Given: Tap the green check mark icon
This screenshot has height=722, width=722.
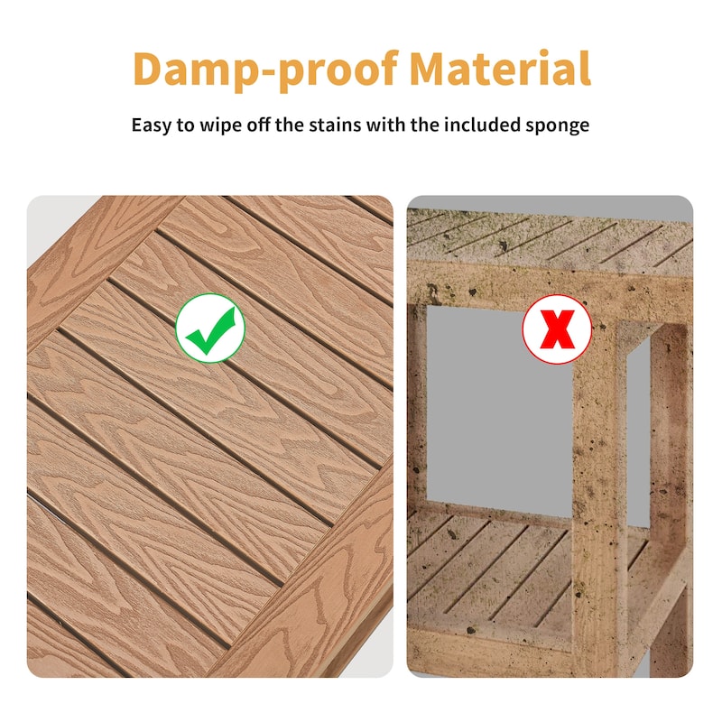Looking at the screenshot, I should pos(210,328).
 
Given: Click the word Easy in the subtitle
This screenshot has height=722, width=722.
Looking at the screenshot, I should pos(151,125).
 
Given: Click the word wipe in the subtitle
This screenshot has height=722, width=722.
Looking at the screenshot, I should pos(215,125).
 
